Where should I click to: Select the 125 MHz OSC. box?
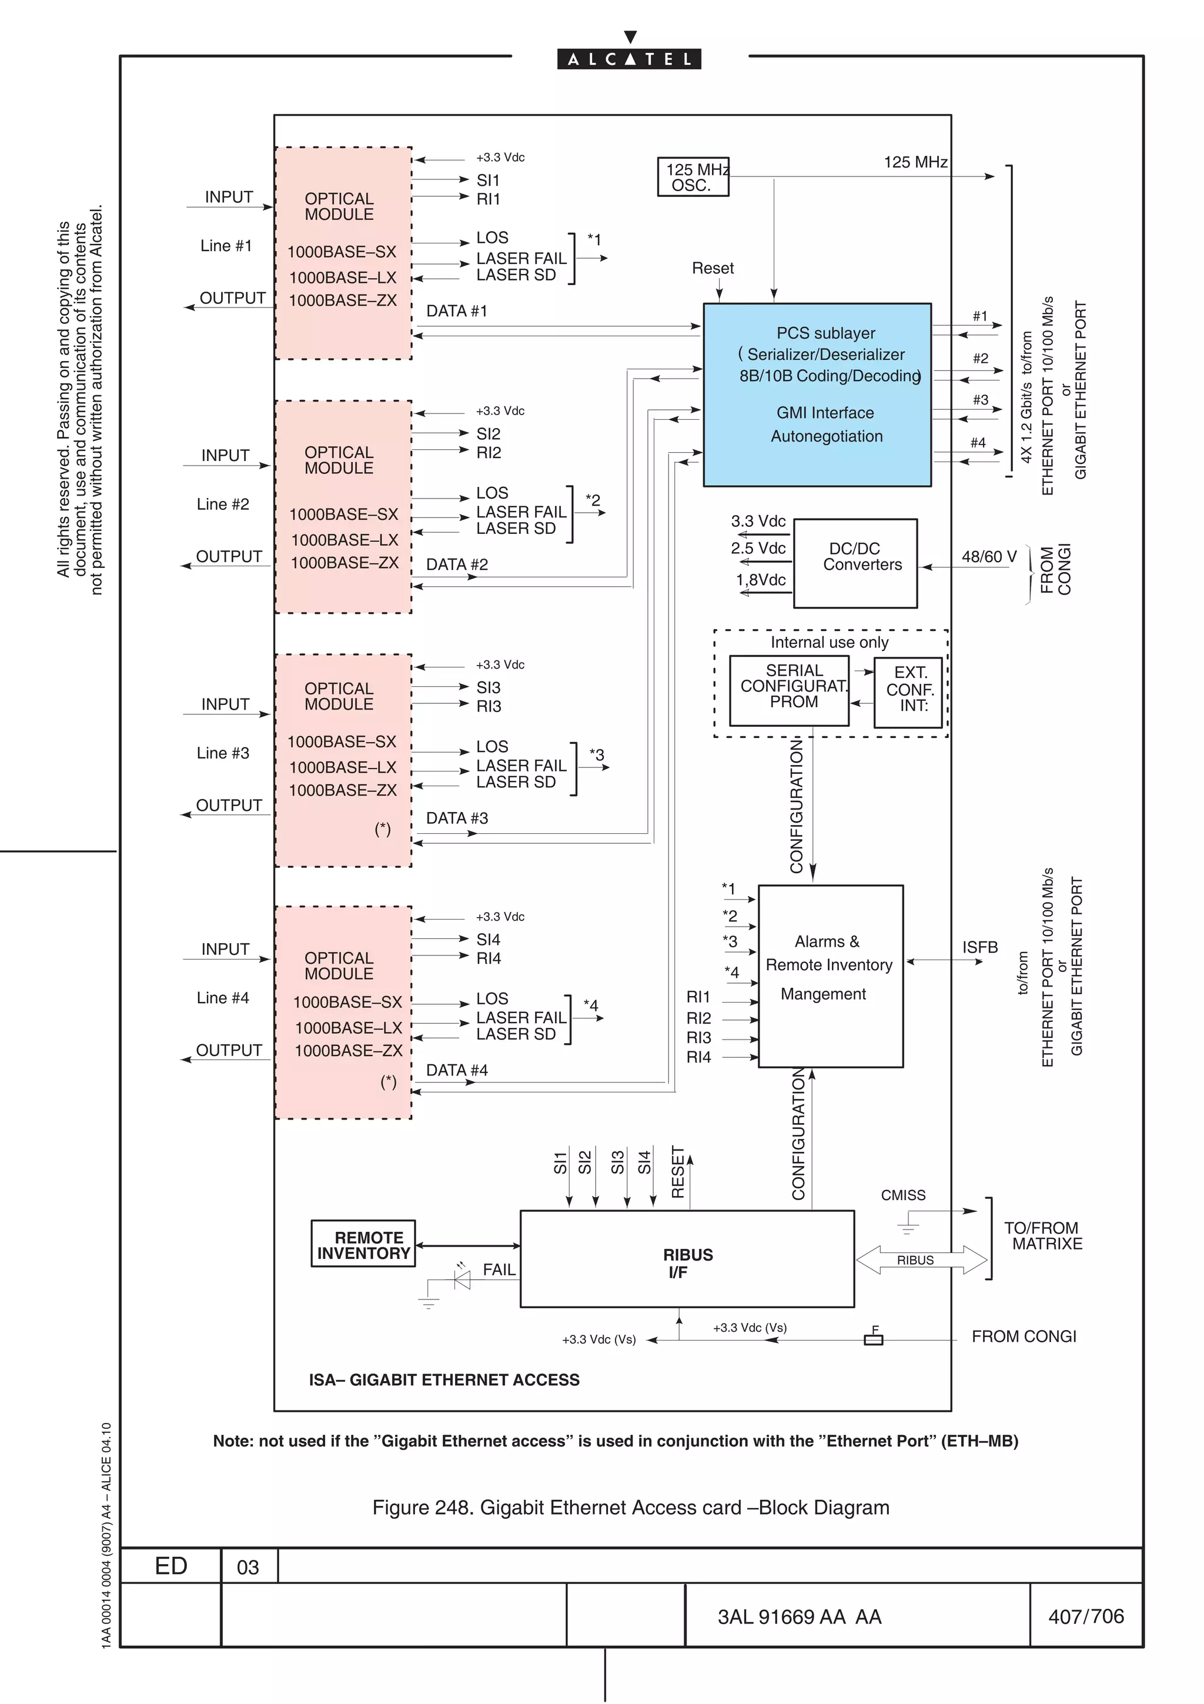(x=693, y=178)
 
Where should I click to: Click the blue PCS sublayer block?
(x=817, y=395)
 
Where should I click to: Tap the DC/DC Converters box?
(x=855, y=563)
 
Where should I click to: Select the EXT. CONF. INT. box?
(x=908, y=691)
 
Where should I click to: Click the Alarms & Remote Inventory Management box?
(x=830, y=976)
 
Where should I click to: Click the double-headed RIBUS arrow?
(x=921, y=1260)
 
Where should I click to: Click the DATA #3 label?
(x=457, y=818)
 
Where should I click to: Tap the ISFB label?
(x=980, y=948)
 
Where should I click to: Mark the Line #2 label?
(x=223, y=504)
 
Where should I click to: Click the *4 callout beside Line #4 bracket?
(x=590, y=1005)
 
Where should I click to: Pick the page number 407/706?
(x=1085, y=1616)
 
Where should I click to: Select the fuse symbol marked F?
(x=874, y=1339)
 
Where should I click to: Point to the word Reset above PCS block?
(x=712, y=268)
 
